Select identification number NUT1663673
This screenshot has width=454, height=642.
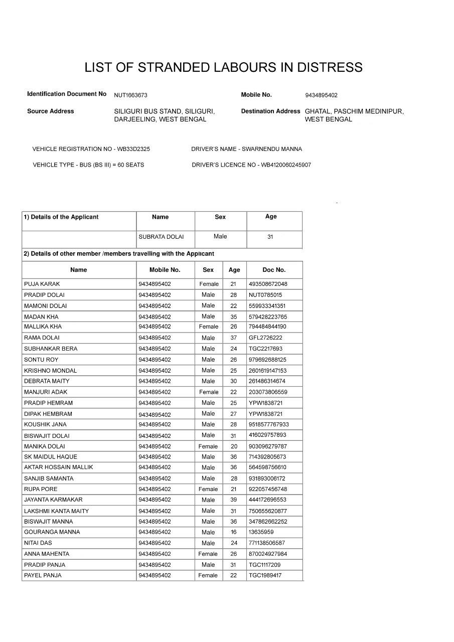point(130,95)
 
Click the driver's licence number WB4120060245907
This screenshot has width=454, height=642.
point(286,165)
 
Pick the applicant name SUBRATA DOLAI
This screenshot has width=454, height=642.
point(161,237)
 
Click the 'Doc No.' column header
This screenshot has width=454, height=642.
point(274,270)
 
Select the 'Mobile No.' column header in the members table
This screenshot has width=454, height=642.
point(165,270)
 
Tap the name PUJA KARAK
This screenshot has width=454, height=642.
point(42,284)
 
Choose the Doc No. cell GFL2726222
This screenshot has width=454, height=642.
point(265,338)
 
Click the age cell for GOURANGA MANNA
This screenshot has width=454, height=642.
point(234,532)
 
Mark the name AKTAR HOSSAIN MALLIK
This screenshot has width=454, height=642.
point(58,467)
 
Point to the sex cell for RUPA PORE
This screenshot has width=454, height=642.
point(208,489)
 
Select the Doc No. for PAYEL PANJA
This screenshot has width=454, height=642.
point(265,575)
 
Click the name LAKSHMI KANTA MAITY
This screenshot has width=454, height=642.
point(56,511)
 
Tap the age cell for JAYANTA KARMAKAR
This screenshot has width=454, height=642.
point(234,500)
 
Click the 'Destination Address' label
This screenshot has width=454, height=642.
point(270,111)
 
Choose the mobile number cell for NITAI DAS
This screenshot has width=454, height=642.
point(155,543)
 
